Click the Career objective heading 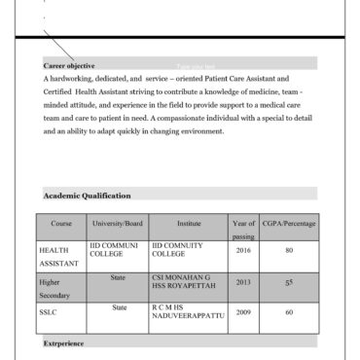pos(69,65)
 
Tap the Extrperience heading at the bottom pos(64,343)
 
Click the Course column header pos(61,224)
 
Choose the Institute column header pos(188,224)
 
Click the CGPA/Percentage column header pos(289,224)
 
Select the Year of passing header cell pos(242,230)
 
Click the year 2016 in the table pos(242,250)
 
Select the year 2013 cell pos(242,282)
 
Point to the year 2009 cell pos(242,312)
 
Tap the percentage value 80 pos(289,250)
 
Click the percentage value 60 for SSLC pos(289,312)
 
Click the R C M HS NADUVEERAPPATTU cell pos(188,312)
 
